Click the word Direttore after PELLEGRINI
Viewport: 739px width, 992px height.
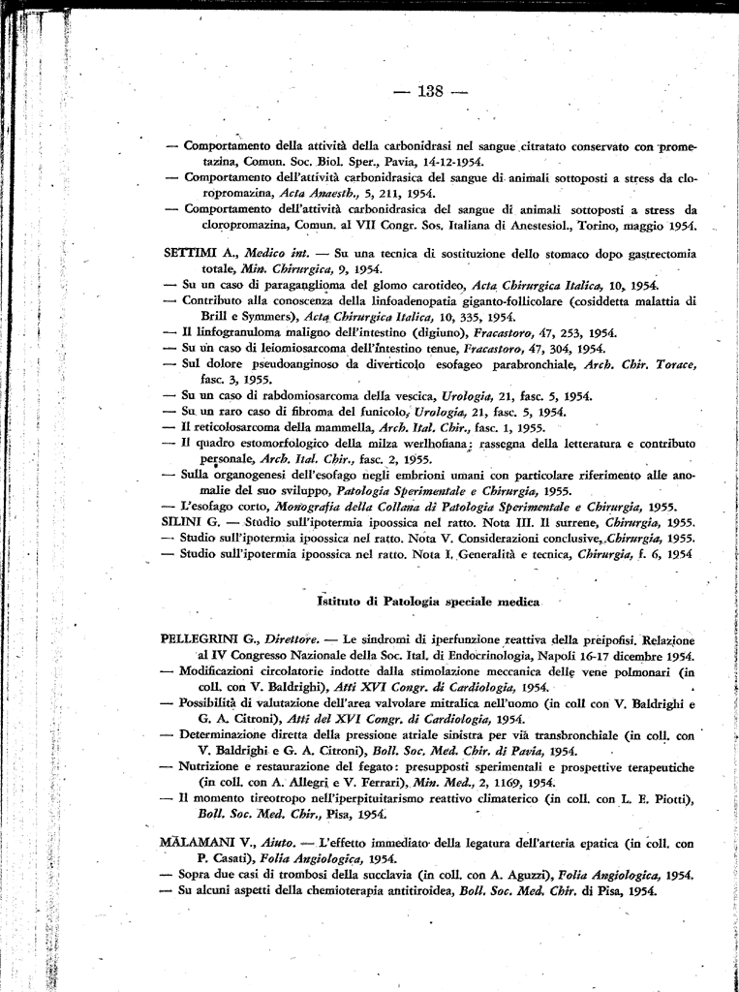(x=293, y=639)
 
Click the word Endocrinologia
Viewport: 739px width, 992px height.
(x=445, y=656)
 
